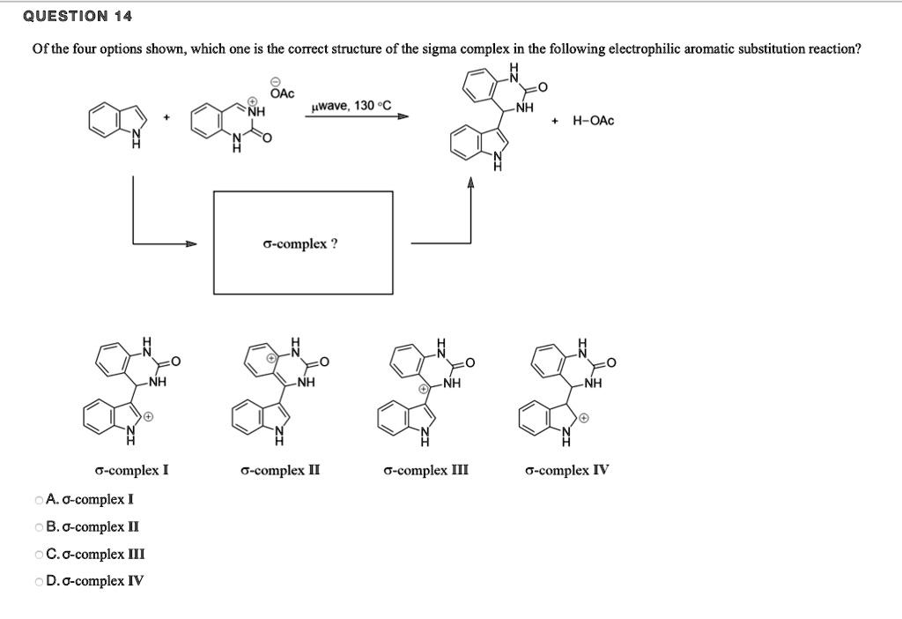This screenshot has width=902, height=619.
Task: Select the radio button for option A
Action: click(x=39, y=500)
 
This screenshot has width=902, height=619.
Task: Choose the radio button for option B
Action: click(x=39, y=527)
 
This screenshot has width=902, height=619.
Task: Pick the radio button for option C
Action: click(x=39, y=555)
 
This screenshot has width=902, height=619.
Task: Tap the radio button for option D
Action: click(x=39, y=581)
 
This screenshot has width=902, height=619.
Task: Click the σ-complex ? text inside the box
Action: click(x=299, y=243)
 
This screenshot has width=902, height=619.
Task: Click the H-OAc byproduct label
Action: click(x=593, y=120)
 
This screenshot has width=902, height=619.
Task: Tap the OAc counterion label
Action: click(x=283, y=93)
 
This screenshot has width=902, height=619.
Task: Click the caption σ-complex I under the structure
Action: click(x=131, y=470)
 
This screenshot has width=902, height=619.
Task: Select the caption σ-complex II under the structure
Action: click(x=279, y=470)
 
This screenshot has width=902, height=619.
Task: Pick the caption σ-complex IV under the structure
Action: click(x=566, y=470)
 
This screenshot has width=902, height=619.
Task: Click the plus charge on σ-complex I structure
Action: click(x=149, y=414)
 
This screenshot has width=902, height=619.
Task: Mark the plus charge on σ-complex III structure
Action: click(x=424, y=388)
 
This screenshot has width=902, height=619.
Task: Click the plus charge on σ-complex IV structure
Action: click(x=583, y=419)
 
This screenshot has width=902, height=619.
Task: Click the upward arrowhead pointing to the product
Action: click(x=470, y=183)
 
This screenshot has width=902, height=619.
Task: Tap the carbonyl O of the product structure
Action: click(x=543, y=87)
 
